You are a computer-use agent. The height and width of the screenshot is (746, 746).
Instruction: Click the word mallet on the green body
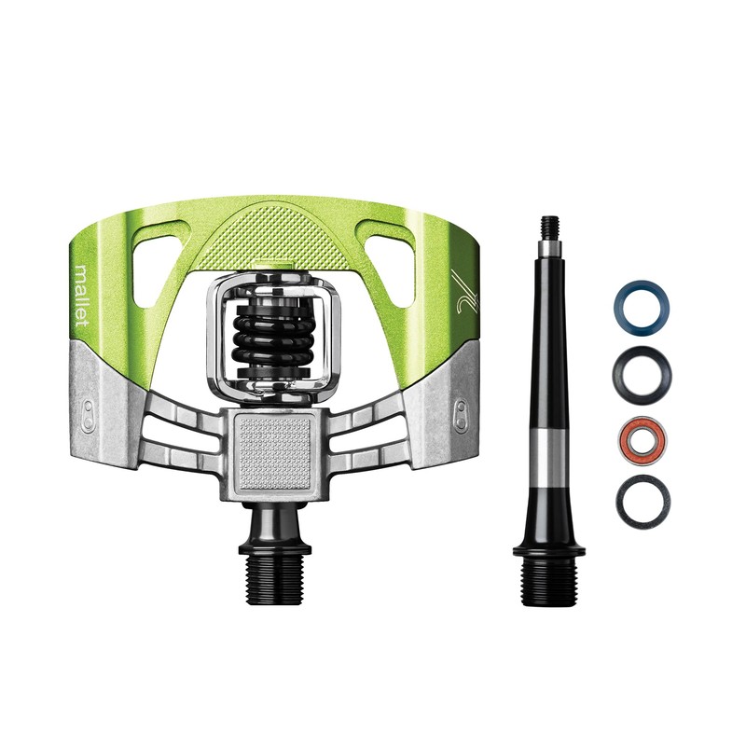(83, 295)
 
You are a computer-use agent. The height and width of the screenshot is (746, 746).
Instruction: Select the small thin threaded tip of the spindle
(550, 228)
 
